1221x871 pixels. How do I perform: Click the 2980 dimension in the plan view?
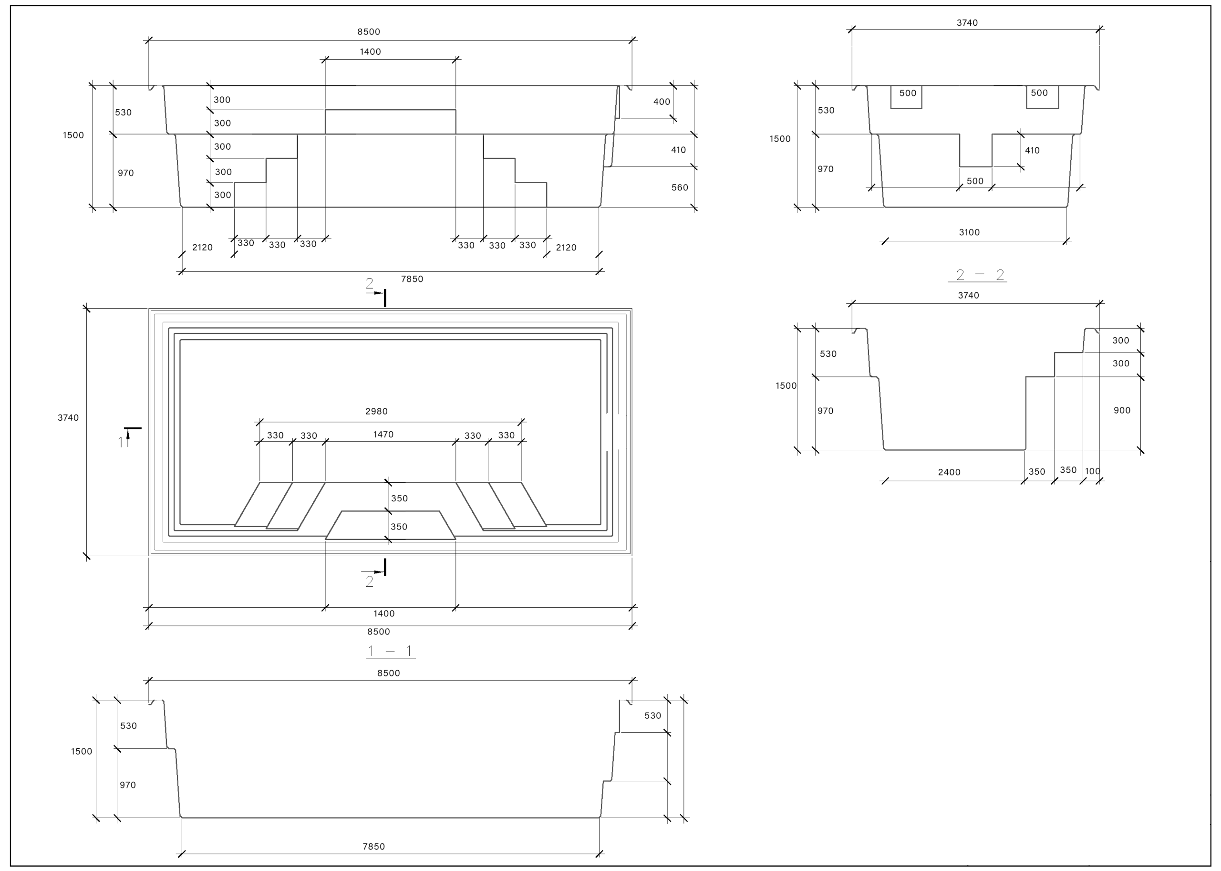point(376,411)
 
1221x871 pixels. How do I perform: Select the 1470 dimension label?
point(383,435)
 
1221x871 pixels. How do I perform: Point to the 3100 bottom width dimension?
point(970,232)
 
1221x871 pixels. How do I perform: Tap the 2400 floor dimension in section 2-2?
point(949,472)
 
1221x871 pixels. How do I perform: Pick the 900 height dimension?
point(1122,410)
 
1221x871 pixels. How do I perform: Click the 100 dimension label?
point(1093,471)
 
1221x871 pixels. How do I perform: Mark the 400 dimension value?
point(662,102)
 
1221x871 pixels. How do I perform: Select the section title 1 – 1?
point(390,651)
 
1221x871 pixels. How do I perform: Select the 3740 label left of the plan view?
point(68,418)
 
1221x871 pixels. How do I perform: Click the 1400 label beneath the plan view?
point(384,613)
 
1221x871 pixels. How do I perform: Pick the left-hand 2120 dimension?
point(202,247)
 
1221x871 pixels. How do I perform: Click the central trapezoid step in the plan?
point(390,525)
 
